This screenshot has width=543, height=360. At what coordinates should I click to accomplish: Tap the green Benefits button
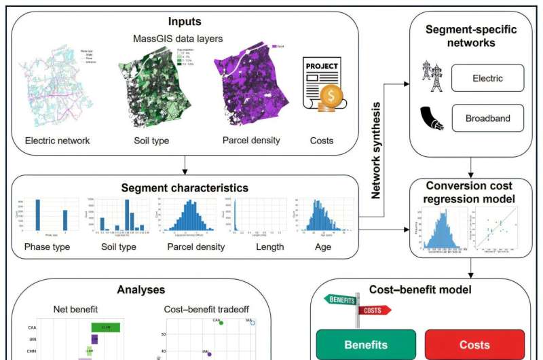coord(366,344)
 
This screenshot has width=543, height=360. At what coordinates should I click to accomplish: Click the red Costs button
coord(474,344)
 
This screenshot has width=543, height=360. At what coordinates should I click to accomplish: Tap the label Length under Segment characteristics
coord(270,247)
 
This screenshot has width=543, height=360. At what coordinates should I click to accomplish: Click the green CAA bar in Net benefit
coord(106,327)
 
